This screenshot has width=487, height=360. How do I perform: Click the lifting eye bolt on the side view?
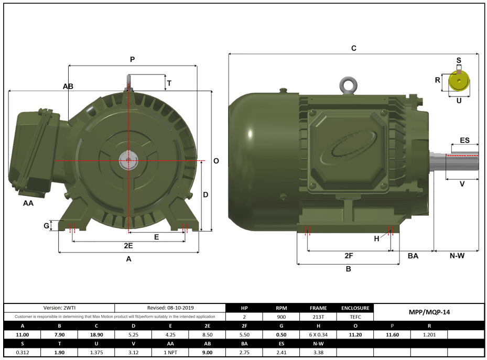click(x=346, y=84)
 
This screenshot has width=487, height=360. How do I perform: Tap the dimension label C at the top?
click(x=354, y=48)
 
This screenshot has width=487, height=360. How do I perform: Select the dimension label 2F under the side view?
click(x=349, y=256)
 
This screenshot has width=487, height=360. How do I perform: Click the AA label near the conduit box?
click(x=28, y=203)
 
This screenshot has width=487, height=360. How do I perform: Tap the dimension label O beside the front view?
click(x=216, y=161)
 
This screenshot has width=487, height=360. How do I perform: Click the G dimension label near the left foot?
click(x=46, y=226)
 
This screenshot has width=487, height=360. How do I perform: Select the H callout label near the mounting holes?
click(x=376, y=238)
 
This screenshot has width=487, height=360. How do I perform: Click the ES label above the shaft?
click(x=464, y=140)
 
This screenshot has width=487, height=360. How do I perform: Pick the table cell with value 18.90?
click(x=96, y=334)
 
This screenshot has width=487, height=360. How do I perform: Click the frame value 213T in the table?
click(x=318, y=317)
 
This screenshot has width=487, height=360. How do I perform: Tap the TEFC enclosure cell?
click(x=355, y=317)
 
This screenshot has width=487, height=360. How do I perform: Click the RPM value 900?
click(x=281, y=317)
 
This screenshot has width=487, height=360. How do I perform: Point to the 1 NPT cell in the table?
click(x=171, y=353)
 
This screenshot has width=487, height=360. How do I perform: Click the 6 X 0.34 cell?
click(x=318, y=334)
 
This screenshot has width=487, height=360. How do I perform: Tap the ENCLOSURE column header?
click(x=355, y=308)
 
